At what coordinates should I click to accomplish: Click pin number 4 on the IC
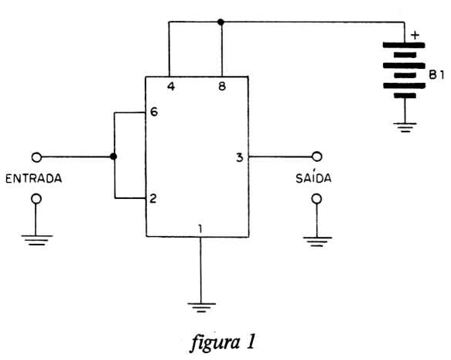click(x=171, y=87)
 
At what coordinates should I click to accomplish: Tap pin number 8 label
click(x=222, y=86)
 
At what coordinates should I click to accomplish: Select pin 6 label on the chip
click(x=154, y=111)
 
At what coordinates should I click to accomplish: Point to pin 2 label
click(x=153, y=198)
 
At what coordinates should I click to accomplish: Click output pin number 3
click(x=240, y=157)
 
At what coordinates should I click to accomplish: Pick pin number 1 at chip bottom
click(x=200, y=228)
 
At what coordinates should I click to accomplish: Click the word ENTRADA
click(x=34, y=178)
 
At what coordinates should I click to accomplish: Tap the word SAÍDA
click(x=313, y=177)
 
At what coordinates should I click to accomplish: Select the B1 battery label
click(x=436, y=75)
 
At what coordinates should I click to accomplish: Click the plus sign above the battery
click(x=415, y=36)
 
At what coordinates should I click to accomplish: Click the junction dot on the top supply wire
click(x=220, y=22)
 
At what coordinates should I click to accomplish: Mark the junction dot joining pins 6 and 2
click(x=114, y=156)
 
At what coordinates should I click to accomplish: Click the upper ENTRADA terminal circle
click(x=36, y=157)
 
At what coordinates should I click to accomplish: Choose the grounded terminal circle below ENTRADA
click(x=36, y=198)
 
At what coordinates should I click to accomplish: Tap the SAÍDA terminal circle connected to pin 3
click(x=316, y=156)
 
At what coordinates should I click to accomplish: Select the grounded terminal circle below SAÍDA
click(x=316, y=198)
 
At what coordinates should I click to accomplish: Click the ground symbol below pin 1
click(x=201, y=307)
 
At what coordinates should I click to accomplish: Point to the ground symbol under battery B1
click(x=405, y=127)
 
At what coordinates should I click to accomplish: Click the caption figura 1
click(x=223, y=342)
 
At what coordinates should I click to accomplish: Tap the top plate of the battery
click(x=404, y=45)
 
